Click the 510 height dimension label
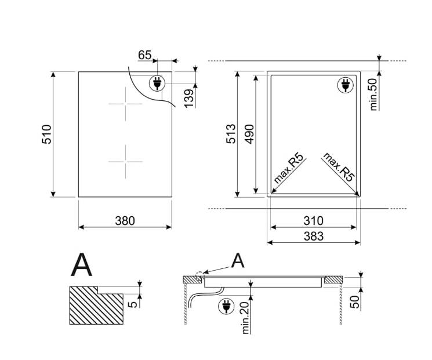tap(46, 134)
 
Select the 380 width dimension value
tap(125, 221)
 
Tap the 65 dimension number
tap(144, 55)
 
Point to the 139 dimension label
tap(189, 99)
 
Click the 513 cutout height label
tap(231, 134)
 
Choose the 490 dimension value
tap(249, 134)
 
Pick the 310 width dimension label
tap(313, 221)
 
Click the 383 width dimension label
tap(314, 237)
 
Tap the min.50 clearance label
tap(373, 94)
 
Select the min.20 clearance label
tap(245, 317)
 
